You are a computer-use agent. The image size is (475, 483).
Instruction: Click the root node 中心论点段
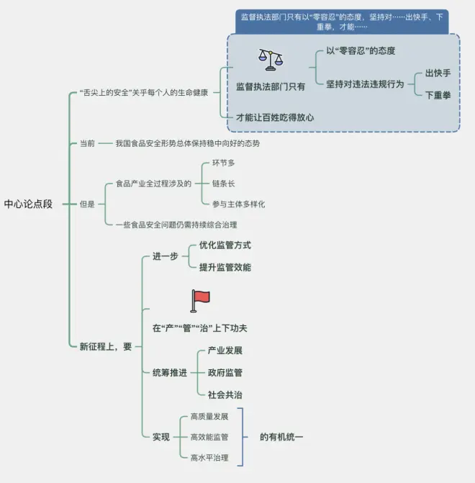(28, 204)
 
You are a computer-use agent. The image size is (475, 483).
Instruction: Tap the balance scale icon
(271, 59)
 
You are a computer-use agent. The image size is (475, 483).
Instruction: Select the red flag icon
(199, 300)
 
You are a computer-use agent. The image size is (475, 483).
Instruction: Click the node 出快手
(438, 73)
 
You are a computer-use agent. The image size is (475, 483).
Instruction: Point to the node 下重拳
(438, 94)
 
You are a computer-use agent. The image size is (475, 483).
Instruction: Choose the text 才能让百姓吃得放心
(275, 117)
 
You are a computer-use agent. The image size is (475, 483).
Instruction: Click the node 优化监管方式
(225, 245)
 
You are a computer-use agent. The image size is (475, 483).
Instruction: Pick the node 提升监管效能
(225, 267)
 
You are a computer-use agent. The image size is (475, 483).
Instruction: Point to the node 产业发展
(225, 351)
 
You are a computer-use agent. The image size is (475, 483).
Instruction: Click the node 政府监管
(225, 372)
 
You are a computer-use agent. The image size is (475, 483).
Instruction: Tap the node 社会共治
(225, 394)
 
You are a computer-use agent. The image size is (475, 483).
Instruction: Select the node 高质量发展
(209, 416)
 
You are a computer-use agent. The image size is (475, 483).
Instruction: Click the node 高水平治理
(209, 457)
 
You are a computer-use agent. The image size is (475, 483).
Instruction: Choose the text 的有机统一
(282, 436)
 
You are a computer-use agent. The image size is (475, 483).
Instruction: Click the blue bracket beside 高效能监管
(243, 436)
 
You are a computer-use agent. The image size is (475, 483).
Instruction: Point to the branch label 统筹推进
(170, 372)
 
